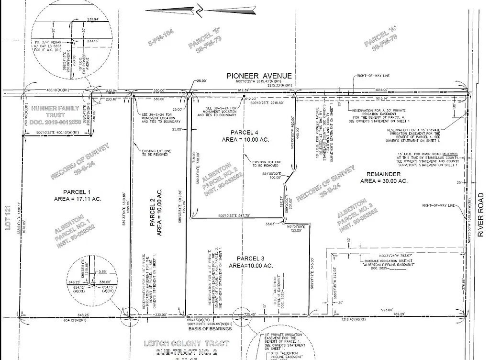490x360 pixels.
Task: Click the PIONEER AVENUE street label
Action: pyautogui.click(x=259, y=76)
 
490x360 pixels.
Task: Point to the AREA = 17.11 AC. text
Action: pyautogui.click(x=77, y=198)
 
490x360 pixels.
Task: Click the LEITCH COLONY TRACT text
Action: pyautogui.click(x=187, y=343)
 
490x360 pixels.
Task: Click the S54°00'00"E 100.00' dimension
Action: pyautogui.click(x=275, y=175)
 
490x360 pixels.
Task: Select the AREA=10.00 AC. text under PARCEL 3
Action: pyautogui.click(x=251, y=266)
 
